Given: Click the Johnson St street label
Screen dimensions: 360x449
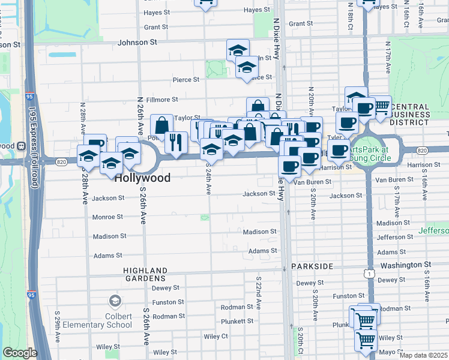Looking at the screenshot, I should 137,43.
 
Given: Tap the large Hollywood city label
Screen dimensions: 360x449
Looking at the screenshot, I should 142,178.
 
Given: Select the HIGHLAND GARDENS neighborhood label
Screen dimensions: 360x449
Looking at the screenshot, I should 144,274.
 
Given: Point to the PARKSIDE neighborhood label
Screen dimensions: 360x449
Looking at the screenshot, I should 312,266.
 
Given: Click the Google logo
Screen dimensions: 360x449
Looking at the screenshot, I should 20,353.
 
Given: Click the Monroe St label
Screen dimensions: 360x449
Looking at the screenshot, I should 107,217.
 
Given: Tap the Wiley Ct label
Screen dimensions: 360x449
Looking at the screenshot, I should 217,337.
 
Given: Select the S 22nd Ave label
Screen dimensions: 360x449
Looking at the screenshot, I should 258,293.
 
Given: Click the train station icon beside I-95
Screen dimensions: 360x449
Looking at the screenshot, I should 20,145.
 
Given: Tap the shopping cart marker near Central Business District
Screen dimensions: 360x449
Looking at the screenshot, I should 382,106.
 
